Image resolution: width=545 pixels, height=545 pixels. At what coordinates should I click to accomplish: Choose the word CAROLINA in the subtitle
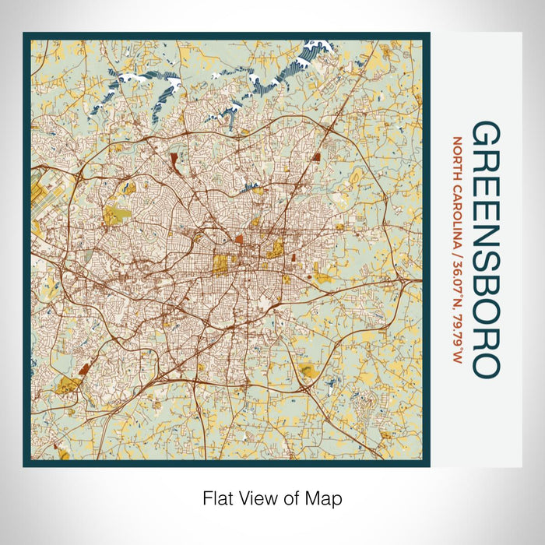coord(457,205)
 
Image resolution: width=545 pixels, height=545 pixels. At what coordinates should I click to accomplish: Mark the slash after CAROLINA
coord(457,239)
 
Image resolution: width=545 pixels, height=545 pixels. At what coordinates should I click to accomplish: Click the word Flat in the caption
coord(216,497)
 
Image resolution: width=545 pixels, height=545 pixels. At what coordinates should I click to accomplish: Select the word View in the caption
coord(252,497)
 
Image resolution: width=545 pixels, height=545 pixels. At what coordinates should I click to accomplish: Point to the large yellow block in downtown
coord(223,265)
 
